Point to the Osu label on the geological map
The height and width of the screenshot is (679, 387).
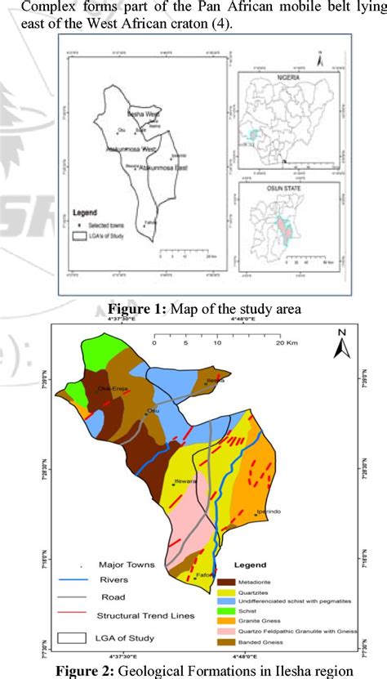click(152, 410)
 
